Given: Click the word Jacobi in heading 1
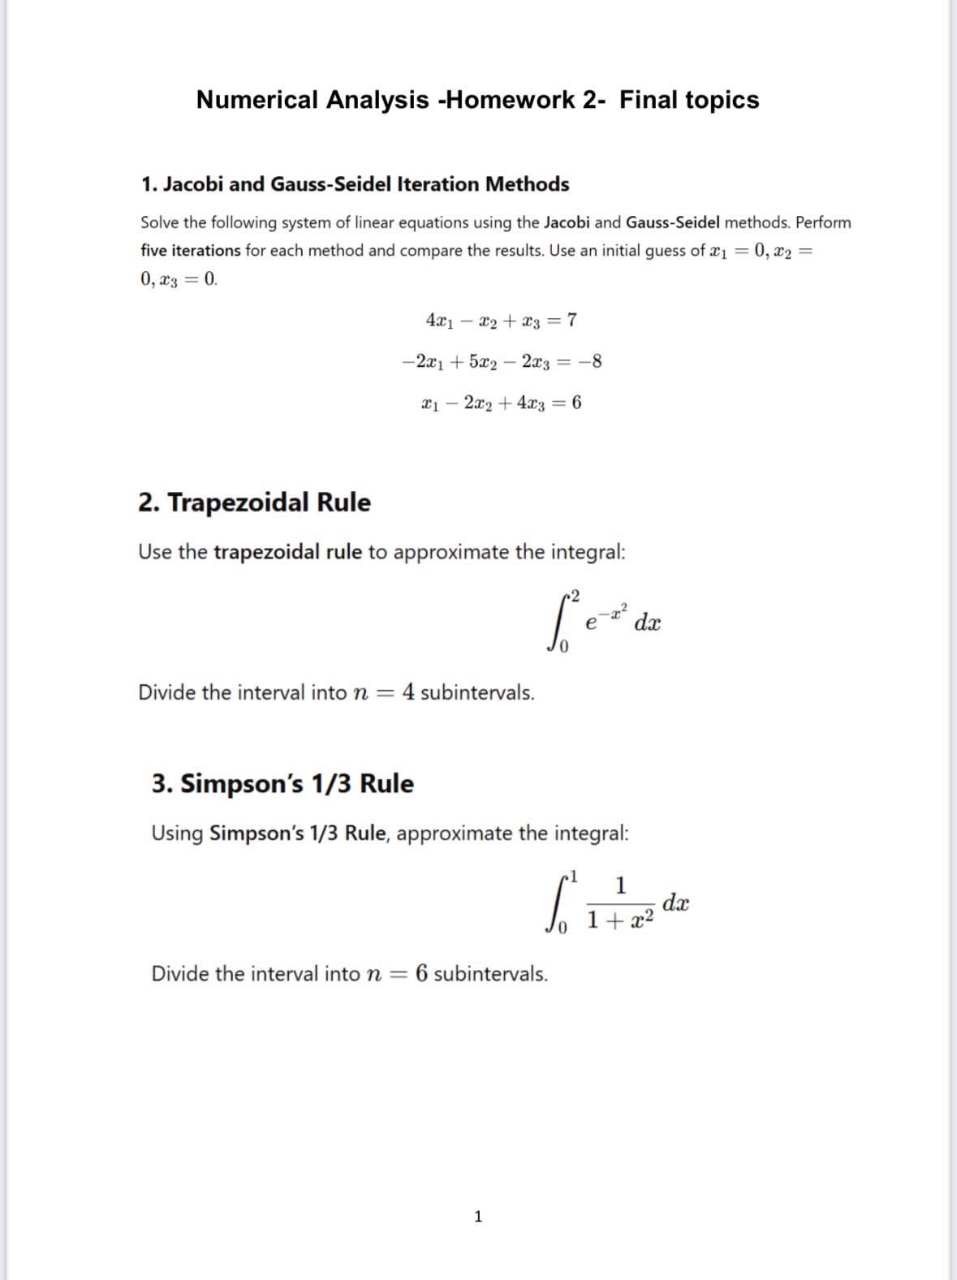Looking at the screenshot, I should point(193,184).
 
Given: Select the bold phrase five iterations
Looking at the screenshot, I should point(190,251).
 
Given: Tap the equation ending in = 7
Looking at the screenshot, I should point(501,320).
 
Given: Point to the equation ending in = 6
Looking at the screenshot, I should point(501,403).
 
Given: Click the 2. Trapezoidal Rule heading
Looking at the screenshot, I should point(254,502).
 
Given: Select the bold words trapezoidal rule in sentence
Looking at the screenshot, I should point(287,552).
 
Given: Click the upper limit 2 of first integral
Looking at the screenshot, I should point(575,597).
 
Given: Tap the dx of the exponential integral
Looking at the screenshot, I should point(648,623).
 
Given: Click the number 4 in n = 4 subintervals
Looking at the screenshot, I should point(408,692).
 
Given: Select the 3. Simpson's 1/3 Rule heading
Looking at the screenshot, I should point(282,784).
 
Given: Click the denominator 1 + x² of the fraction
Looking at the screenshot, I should point(619,920).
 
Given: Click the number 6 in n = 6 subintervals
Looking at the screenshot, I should point(421,973).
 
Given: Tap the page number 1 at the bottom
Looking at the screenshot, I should point(477,1216).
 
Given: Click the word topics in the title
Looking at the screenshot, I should point(722,100).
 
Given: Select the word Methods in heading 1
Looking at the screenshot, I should point(527,184).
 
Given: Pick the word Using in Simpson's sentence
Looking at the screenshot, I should point(177,834).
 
